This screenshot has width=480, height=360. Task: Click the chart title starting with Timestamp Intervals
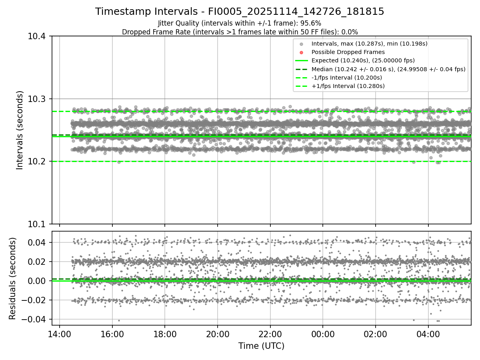click(240, 12)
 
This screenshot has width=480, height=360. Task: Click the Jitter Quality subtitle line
click(240, 23)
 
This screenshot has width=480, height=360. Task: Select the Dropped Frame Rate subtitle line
click(240, 32)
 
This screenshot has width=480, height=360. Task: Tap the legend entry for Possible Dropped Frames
click(348, 52)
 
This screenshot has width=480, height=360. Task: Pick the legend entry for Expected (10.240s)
click(363, 60)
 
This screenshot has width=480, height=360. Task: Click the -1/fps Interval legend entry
click(346, 77)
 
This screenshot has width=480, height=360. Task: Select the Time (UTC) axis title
click(261, 346)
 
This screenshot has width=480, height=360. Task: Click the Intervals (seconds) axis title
click(20, 130)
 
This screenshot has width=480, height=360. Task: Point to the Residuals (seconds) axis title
click(12, 278)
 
